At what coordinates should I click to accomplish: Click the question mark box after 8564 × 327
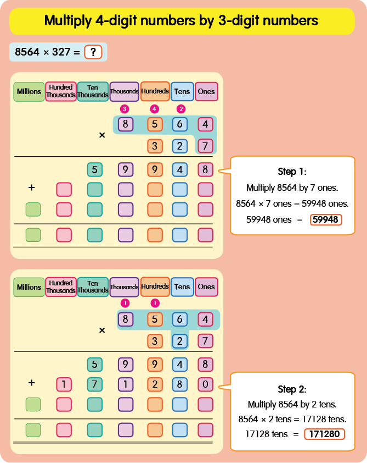93,52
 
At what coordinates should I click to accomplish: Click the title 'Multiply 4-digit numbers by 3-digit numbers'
181,21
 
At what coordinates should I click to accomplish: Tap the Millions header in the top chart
29,91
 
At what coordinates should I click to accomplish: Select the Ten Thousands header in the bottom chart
93,287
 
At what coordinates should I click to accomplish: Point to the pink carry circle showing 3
125,108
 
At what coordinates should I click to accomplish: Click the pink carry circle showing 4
155,108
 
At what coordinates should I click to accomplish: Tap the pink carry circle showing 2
180,108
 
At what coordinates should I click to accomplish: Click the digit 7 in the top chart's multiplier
205,146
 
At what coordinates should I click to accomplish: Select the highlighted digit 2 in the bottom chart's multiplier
180,341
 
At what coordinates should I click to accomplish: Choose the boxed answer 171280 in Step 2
324,434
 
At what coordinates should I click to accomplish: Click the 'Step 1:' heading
292,171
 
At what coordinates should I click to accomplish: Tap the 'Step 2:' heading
292,389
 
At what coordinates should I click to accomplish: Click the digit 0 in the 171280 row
205,384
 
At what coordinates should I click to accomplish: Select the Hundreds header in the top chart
155,91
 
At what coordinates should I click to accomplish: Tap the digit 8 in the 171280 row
180,384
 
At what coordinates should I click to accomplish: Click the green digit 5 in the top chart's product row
95,169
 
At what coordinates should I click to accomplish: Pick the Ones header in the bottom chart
206,286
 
